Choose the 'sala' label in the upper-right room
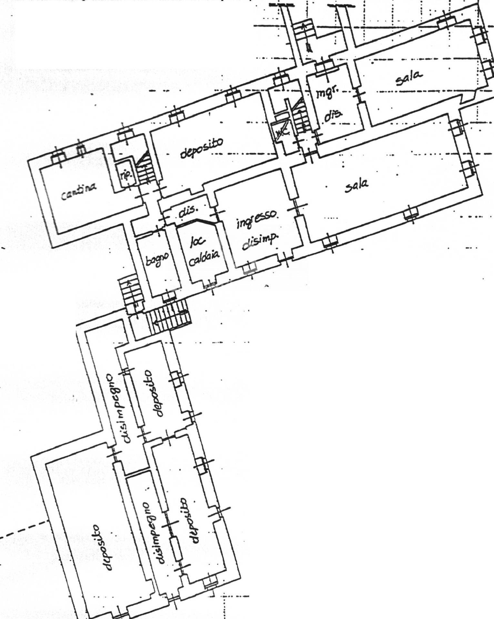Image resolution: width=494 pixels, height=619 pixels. (409, 78)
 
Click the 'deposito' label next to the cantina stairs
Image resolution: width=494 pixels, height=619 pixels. (201, 148)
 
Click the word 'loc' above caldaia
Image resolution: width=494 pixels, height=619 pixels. (195, 241)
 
